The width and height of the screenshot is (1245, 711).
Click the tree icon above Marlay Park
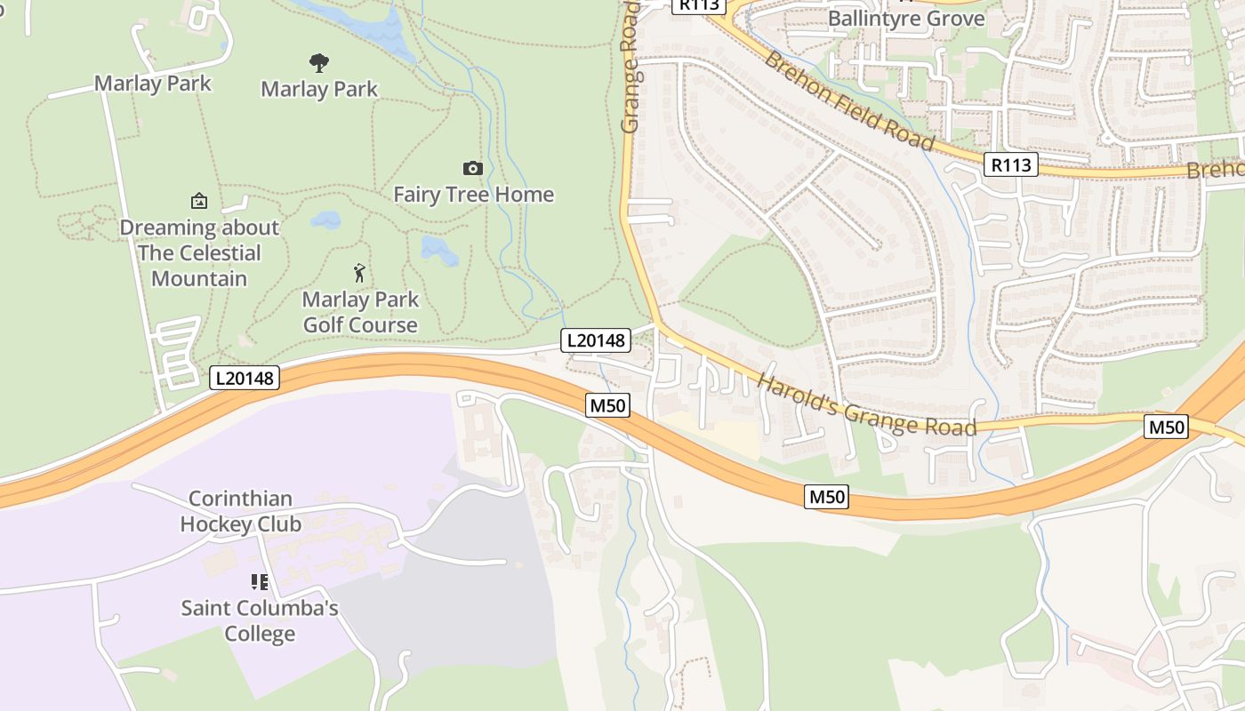click(319, 62)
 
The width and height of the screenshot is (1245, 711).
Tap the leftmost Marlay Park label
click(153, 84)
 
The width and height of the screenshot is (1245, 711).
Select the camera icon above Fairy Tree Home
click(473, 168)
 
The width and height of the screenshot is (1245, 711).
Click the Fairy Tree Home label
click(473, 195)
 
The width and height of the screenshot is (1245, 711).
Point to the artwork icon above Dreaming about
click(199, 201)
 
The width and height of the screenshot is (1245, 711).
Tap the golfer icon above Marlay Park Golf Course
click(359, 272)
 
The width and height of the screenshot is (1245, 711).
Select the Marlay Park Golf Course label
click(360, 312)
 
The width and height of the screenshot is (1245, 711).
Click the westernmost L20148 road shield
click(245, 378)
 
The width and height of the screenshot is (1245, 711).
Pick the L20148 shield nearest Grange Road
click(596, 340)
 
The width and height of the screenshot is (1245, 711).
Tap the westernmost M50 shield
click(608, 406)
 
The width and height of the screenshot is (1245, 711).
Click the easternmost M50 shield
click(1166, 427)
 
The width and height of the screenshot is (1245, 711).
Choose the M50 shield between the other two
click(826, 497)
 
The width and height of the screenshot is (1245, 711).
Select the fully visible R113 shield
click(1011, 164)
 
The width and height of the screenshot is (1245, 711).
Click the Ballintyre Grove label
click(906, 19)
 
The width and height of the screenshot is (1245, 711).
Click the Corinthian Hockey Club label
click(241, 511)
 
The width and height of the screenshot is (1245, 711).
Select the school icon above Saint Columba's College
click(260, 582)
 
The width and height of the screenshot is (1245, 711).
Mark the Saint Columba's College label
click(260, 621)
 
